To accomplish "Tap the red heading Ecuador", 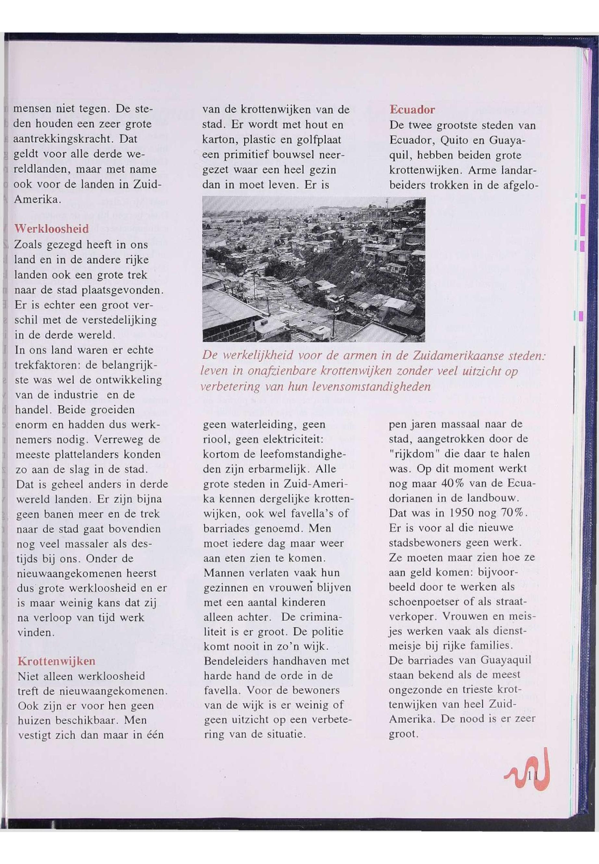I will [412, 110].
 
